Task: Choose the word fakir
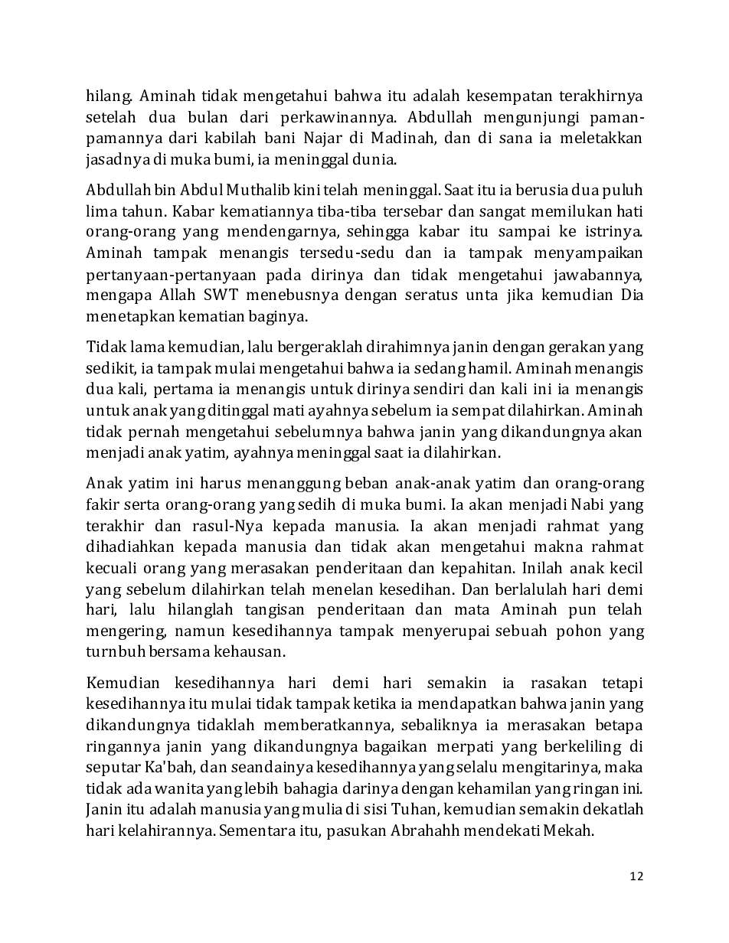pyautogui.click(x=101, y=505)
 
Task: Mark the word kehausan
pyautogui.click(x=251, y=653)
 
